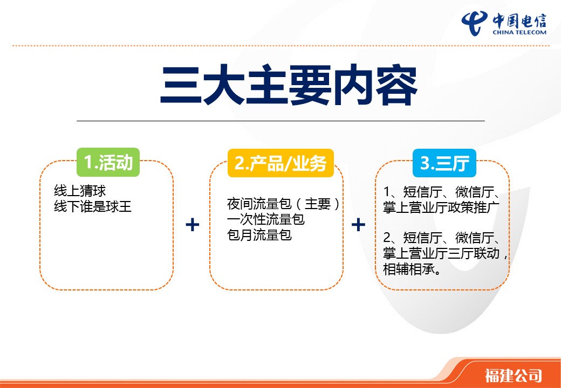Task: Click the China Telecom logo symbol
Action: pos(475,23)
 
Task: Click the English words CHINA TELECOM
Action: pos(519,32)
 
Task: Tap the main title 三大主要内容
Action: pos(289,85)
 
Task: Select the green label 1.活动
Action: pos(108,162)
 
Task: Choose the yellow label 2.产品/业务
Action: pos(280,163)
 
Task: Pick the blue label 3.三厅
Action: pos(444,163)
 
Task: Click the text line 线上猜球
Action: pos(80,191)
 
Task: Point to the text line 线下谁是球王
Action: pos(93,206)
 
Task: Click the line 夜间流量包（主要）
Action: pos(283,204)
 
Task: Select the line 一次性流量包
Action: pos(266,219)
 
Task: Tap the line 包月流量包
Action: pos(259,235)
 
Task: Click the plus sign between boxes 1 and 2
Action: pos(193,225)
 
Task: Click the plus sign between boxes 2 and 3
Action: pos(358,225)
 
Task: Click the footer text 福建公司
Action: pos(513,376)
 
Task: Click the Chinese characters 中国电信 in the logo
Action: pos(519,20)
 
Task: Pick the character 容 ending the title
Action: pos(397,85)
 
